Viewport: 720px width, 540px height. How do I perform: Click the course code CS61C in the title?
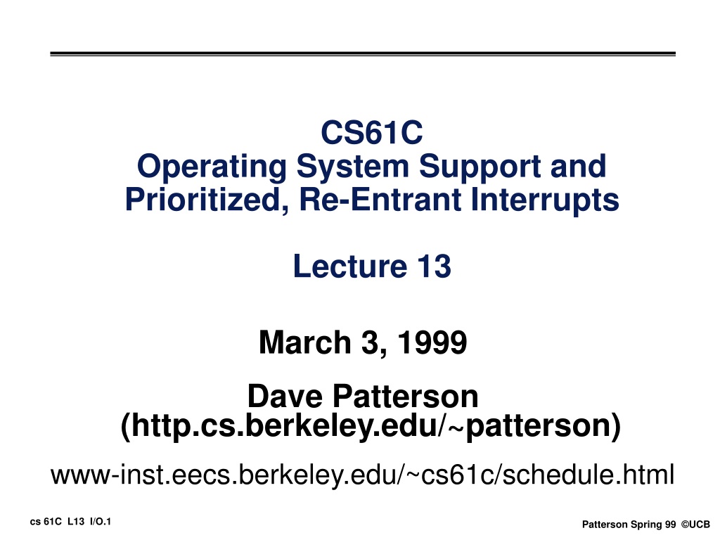click(x=371, y=132)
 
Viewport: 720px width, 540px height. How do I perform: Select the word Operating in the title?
click(x=212, y=167)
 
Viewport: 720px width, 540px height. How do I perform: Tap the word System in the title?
click(x=353, y=167)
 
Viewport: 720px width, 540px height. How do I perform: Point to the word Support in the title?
click(x=480, y=167)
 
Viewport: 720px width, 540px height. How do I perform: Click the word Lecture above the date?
click(x=350, y=266)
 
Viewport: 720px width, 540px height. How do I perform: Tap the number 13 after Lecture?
click(x=434, y=266)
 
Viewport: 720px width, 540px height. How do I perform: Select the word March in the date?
click(x=305, y=342)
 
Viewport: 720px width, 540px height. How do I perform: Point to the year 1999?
click(x=432, y=342)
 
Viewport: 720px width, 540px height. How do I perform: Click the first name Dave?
click(x=285, y=396)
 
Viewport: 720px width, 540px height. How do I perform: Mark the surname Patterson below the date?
click(x=406, y=396)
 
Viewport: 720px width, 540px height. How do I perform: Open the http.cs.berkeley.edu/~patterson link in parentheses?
click(x=371, y=425)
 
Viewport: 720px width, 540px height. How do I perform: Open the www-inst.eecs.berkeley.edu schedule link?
click(x=362, y=475)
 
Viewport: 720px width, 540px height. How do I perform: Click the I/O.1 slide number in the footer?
click(x=101, y=522)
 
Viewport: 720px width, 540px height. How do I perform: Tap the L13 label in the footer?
click(x=76, y=522)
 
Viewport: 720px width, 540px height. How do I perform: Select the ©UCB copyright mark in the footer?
click(x=695, y=525)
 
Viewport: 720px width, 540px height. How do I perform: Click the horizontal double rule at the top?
click(x=363, y=54)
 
